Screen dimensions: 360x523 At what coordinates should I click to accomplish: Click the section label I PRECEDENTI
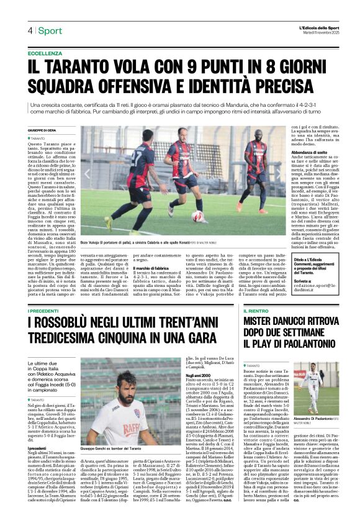point(45,309)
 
